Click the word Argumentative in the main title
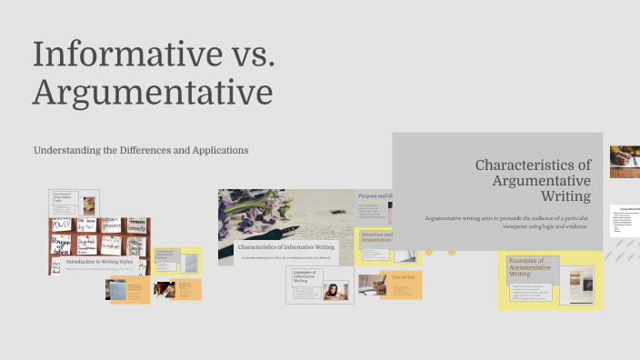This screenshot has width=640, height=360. [153, 93]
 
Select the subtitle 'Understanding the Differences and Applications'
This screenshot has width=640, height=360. [141, 149]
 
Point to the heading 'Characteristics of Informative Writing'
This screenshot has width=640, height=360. [285, 246]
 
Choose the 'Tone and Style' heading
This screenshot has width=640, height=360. [403, 276]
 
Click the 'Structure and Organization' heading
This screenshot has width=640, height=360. [375, 237]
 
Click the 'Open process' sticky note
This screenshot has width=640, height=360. [110, 223]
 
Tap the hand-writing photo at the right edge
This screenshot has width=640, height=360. [625, 161]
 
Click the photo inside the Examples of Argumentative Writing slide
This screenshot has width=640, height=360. [576, 283]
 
